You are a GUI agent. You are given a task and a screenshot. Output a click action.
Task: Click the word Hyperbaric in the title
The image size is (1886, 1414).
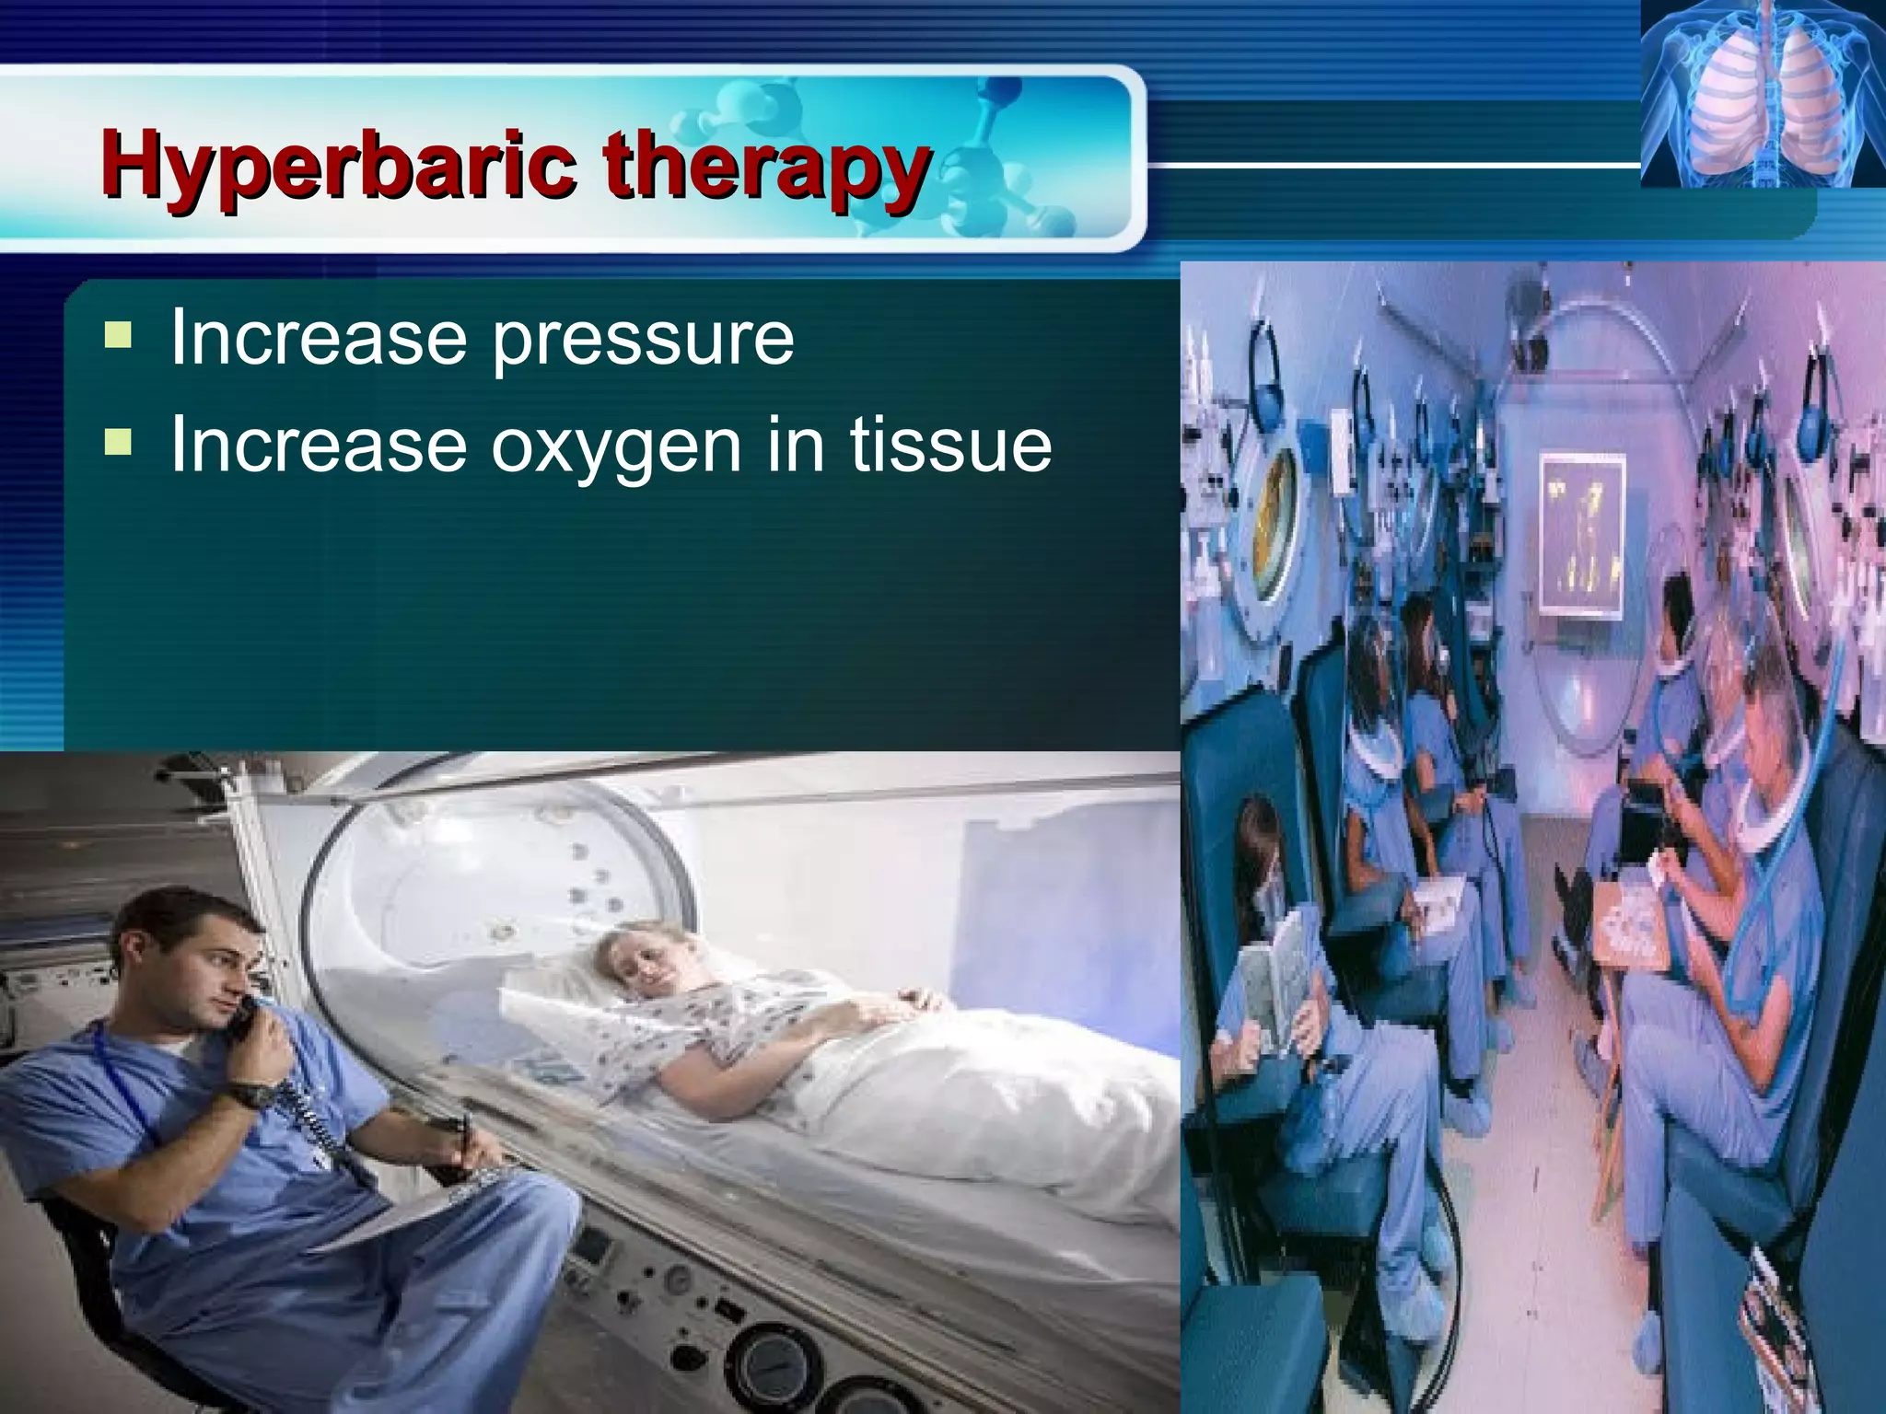point(342,166)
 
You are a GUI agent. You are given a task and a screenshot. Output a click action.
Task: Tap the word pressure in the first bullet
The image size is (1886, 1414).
point(642,339)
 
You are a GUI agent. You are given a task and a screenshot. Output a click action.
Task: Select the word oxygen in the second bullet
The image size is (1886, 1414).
point(615,446)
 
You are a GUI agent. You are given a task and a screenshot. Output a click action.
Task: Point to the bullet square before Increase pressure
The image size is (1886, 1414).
point(117,334)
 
